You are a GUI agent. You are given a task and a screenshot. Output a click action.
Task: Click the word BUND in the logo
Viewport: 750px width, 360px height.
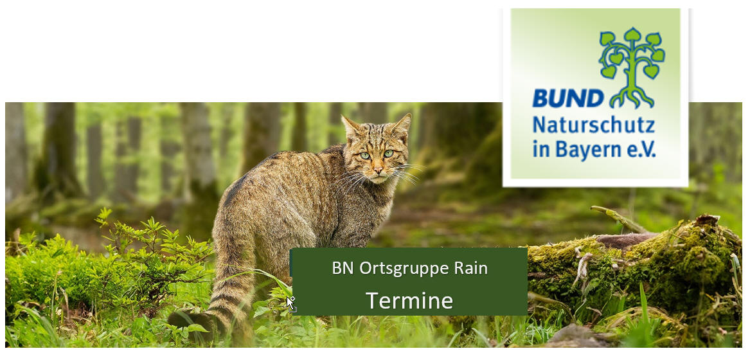coord(567,98)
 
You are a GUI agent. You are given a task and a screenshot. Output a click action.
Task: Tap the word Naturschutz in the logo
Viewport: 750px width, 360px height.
coord(594,125)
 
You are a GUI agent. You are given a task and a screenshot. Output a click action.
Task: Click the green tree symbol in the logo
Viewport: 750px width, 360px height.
coord(631,67)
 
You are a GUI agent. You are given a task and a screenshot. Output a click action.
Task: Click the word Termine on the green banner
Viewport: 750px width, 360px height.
coord(409,301)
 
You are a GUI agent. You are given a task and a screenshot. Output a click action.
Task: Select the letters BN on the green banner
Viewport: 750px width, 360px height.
coord(343,267)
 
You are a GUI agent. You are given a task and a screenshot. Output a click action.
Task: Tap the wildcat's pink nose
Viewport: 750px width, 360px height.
coord(378,169)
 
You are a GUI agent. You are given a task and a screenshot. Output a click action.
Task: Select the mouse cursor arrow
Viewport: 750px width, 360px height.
coord(290,303)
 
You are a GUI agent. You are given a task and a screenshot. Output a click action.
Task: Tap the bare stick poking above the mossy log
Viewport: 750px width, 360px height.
coord(617,218)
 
